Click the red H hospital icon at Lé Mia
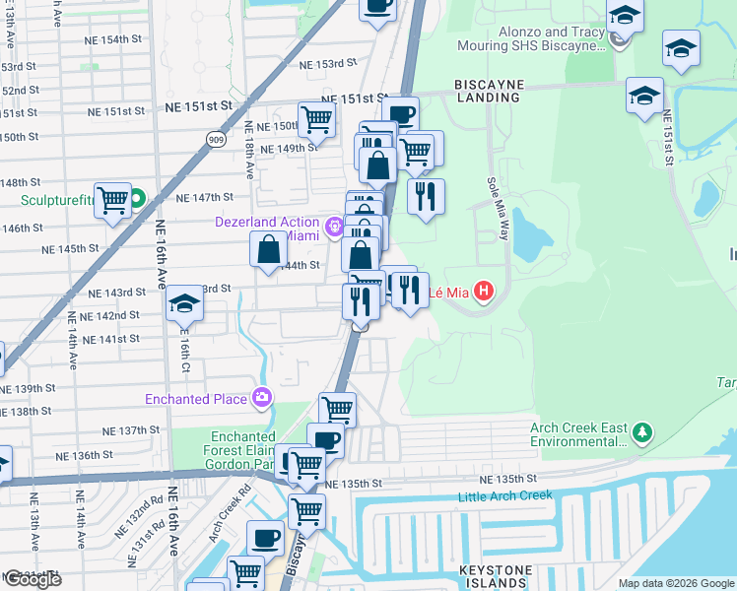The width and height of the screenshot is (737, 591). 484,291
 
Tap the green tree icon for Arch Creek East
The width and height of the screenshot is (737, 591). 642,432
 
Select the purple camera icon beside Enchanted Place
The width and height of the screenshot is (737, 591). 261,398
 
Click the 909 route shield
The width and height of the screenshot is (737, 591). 215,140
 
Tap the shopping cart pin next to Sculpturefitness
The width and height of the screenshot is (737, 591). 113,200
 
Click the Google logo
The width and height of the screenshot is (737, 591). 32,579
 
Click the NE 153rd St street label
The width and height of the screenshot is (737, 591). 327,64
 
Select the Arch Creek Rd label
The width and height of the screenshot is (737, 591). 225,505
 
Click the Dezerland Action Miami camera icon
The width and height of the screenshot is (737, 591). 335,229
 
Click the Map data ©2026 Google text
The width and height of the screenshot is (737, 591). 676,583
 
